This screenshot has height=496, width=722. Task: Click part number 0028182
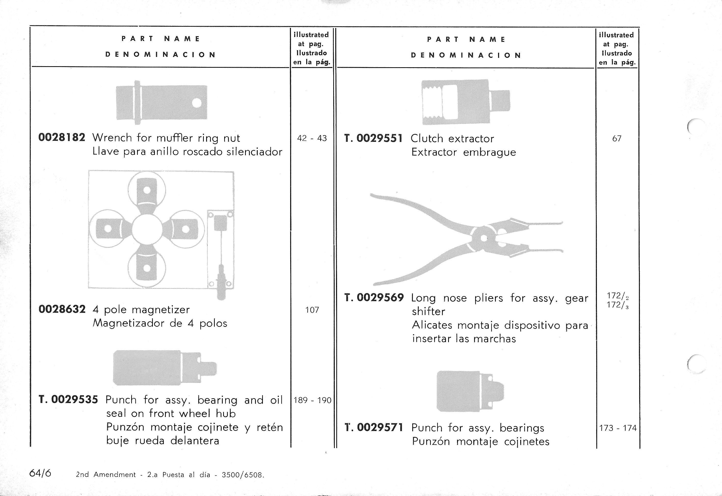(x=62, y=137)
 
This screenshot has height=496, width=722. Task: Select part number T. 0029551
(x=373, y=138)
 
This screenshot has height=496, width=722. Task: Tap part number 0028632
(x=62, y=309)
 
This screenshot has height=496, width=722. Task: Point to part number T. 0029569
(x=374, y=298)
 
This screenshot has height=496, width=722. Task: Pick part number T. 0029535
(x=68, y=399)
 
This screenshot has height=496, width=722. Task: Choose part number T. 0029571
(x=374, y=427)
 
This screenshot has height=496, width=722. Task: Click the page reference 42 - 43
(x=312, y=138)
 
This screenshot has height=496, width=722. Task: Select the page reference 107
(x=312, y=310)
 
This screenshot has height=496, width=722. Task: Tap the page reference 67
(x=617, y=139)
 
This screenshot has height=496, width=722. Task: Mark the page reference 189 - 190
(x=312, y=400)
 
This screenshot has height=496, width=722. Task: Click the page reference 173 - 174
(x=618, y=428)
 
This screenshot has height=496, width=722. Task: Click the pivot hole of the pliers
(x=484, y=239)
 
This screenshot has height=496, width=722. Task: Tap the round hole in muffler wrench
(x=196, y=103)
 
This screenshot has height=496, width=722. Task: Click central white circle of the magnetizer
(x=147, y=229)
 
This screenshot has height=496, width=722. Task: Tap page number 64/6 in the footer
(x=40, y=473)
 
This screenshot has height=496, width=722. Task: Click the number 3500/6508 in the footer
(x=242, y=475)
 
